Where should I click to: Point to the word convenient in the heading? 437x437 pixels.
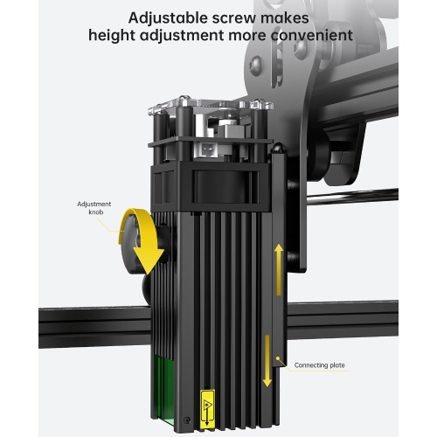click(x=312, y=36)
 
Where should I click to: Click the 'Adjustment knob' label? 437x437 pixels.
click(x=94, y=208)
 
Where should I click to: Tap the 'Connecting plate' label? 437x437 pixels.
click(x=319, y=365)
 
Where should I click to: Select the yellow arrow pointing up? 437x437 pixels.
click(x=279, y=269)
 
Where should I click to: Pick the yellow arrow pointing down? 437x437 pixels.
click(x=267, y=361)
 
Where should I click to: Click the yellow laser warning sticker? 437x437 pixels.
click(x=207, y=409)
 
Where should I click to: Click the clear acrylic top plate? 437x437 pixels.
click(x=211, y=106)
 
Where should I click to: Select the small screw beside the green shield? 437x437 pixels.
click(x=187, y=420)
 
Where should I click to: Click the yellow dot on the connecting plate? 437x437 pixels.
click(x=278, y=358)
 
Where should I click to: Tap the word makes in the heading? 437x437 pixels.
click(x=285, y=18)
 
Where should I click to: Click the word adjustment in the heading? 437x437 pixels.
click(x=182, y=36)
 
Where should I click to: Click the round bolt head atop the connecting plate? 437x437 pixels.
click(x=278, y=148)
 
